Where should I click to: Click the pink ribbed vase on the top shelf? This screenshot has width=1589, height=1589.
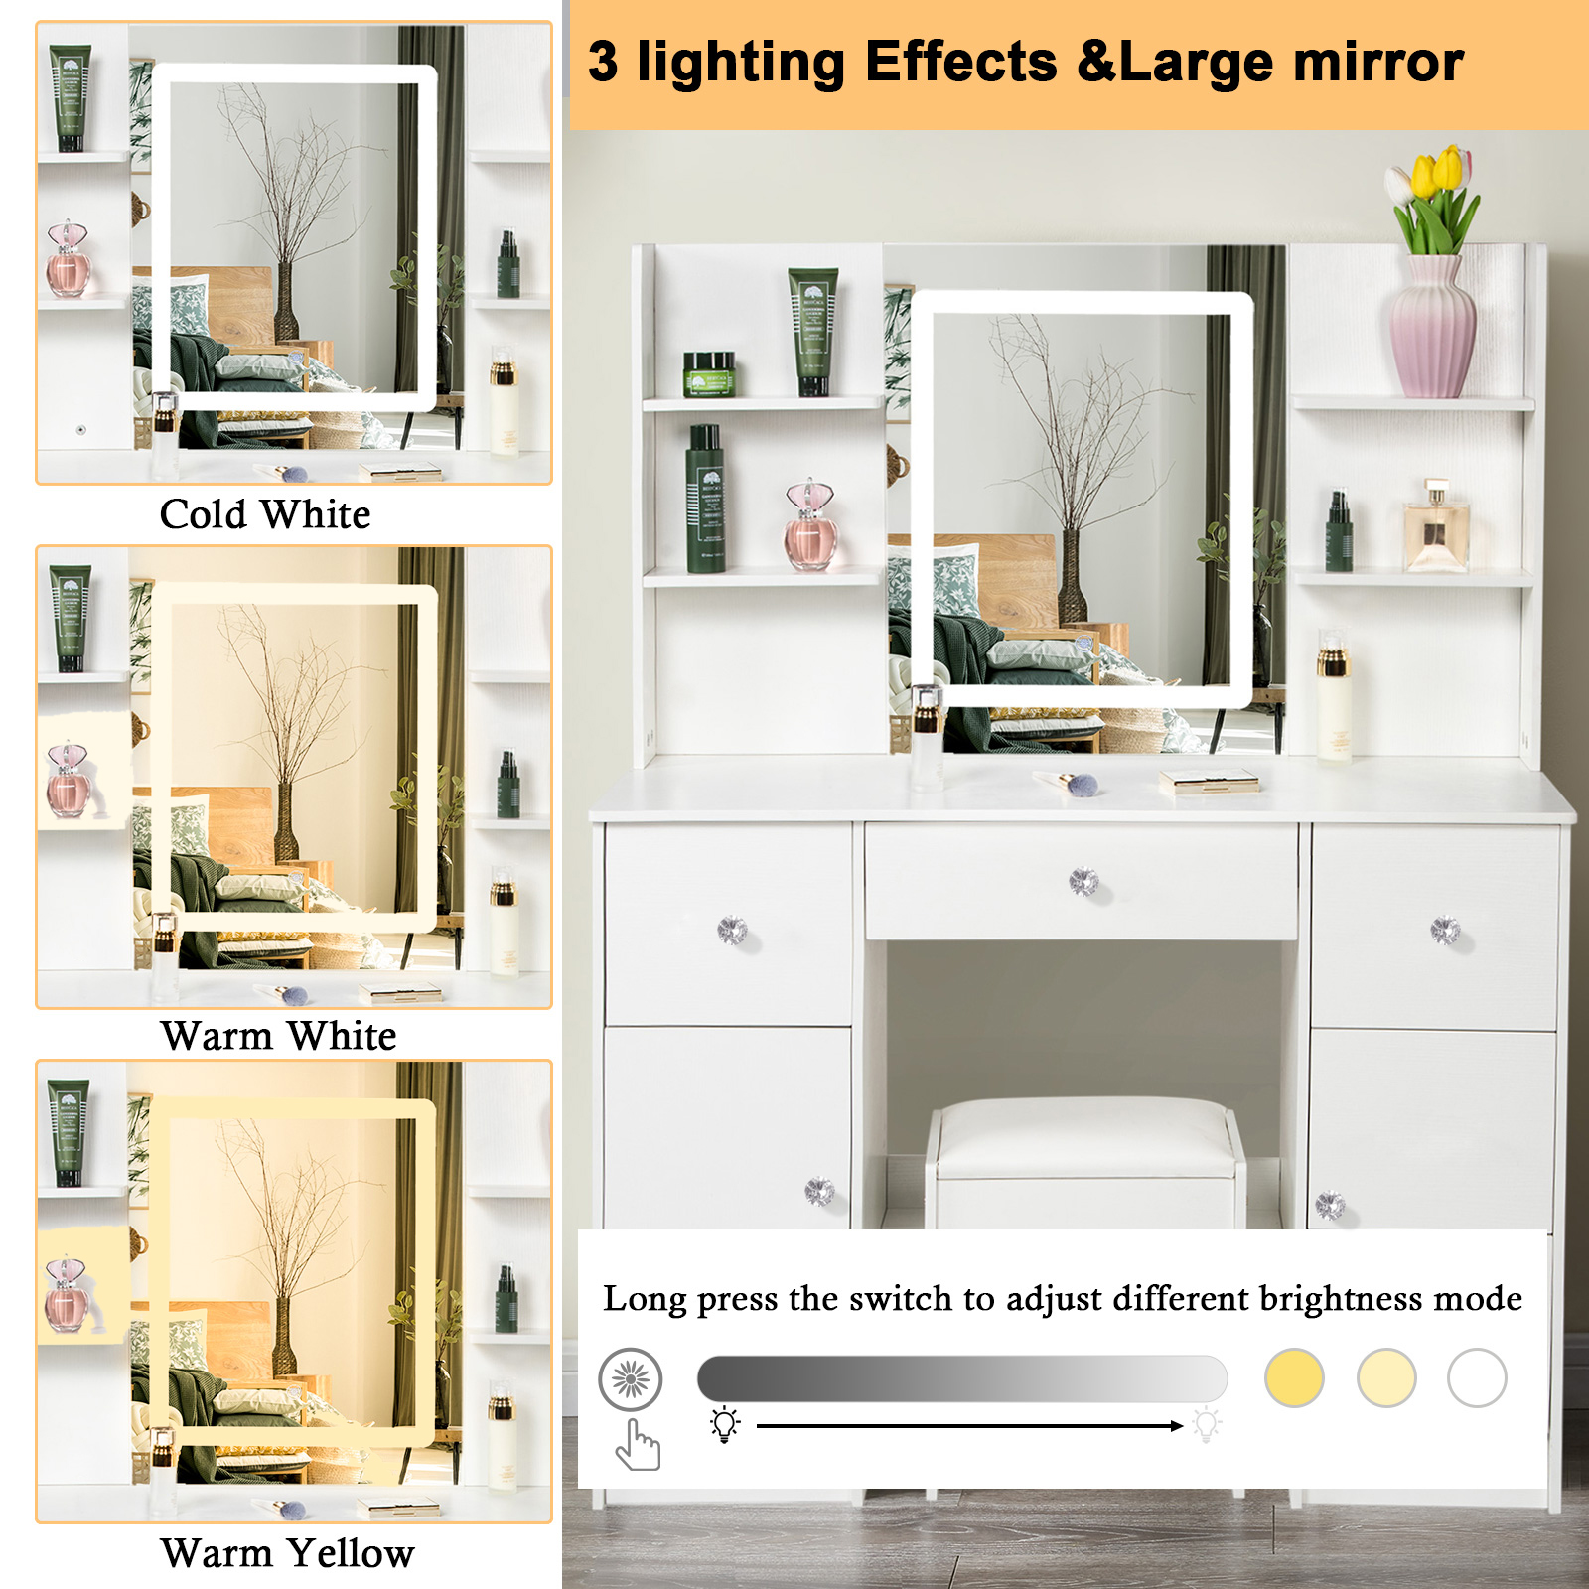click(x=1433, y=327)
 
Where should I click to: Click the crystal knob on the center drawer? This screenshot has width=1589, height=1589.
click(x=1083, y=881)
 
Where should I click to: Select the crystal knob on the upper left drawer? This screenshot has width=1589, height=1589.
click(x=732, y=931)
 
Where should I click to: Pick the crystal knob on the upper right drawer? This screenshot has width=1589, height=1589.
click(x=1445, y=931)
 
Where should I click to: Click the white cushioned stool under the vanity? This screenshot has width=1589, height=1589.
click(x=1085, y=1162)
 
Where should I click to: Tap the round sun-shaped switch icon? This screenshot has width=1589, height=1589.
click(x=630, y=1378)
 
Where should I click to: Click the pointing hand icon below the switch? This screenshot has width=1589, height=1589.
click(x=638, y=1444)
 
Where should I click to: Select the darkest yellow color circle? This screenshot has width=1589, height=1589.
click(x=1294, y=1377)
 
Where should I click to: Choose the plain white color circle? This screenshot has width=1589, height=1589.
click(x=1477, y=1377)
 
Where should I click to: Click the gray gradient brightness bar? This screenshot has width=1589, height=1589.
click(x=961, y=1378)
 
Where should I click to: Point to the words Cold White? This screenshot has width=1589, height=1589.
click(x=265, y=514)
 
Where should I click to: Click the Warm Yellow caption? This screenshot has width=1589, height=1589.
click(x=287, y=1553)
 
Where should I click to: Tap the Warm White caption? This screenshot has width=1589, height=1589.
click(x=278, y=1036)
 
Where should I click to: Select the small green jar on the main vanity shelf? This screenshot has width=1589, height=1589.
click(x=709, y=373)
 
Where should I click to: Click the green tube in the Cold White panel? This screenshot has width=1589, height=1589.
click(x=71, y=97)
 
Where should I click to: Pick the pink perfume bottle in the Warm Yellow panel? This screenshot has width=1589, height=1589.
click(x=67, y=1295)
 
